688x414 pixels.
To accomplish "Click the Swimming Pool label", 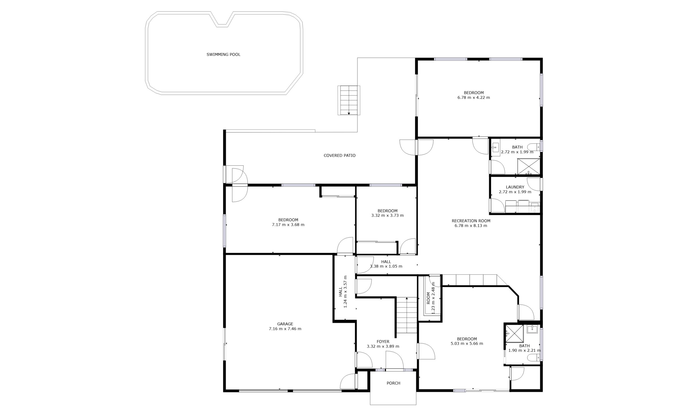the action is (223, 55).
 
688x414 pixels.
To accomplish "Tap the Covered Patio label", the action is (339, 156).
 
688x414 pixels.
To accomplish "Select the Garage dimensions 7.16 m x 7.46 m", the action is (285, 329).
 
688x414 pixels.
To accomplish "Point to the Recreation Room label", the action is (471, 221).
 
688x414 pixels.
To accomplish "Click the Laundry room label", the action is (515, 187).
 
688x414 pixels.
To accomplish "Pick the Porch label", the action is (393, 383).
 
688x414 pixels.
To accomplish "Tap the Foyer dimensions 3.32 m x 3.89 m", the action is (383, 346).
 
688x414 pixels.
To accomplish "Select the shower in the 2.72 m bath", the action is (529, 167).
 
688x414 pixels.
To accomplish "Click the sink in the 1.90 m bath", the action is (532, 329).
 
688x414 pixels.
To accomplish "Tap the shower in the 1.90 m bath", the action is (515, 333).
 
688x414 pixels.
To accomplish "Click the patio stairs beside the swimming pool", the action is (349, 100).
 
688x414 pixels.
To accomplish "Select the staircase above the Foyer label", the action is (407, 315).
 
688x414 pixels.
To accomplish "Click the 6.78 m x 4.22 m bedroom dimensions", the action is (474, 98).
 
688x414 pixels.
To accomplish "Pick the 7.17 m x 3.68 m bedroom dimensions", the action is (288, 224).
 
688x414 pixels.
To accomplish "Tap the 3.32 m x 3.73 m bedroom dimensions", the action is (387, 215).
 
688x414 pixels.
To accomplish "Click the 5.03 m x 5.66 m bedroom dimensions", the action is (467, 343).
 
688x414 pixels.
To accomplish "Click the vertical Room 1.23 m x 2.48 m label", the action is (431, 298).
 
